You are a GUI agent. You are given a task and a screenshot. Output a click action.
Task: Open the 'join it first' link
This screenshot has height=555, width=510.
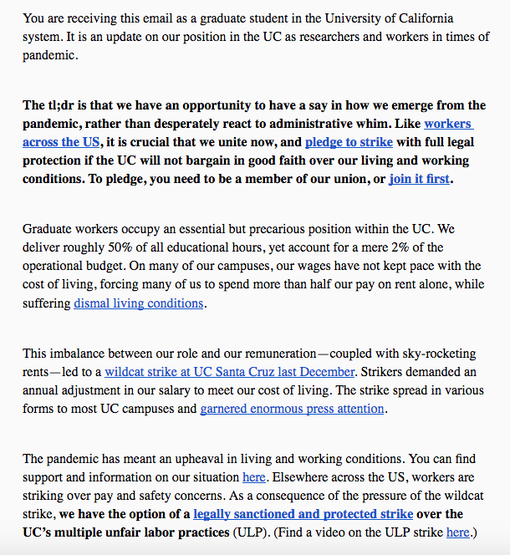[419, 178]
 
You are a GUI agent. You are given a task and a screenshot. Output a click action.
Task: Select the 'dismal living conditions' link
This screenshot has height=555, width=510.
[138, 303]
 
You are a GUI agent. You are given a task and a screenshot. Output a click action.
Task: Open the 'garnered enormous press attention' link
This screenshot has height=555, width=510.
[292, 409]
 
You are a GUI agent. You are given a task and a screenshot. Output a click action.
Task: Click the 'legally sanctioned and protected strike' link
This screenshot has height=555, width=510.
[303, 513]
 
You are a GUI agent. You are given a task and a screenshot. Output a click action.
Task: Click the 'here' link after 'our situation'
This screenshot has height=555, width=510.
[254, 476]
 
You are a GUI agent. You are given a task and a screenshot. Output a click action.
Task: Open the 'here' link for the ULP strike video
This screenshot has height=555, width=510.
[457, 532]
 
